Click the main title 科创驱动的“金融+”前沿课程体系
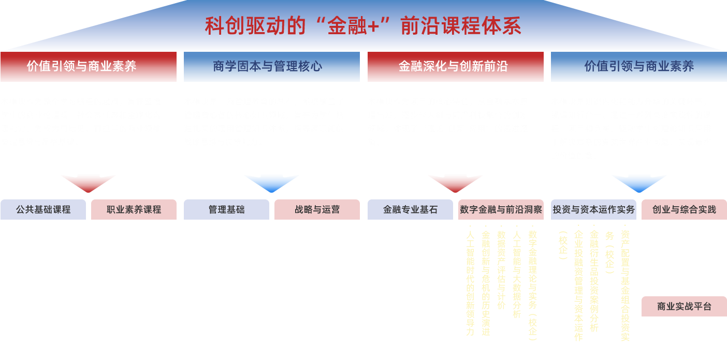tap(362, 26)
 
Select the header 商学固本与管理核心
tap(271, 66)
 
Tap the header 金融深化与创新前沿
tap(455, 66)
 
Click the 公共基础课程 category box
tap(43, 209)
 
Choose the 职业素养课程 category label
tap(134, 209)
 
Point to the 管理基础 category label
tap(226, 209)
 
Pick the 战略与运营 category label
tap(317, 209)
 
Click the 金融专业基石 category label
tap(410, 209)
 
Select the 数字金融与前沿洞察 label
tap(501, 209)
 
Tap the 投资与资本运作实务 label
tap(593, 209)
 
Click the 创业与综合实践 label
tap(684, 209)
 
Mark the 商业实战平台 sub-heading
tap(684, 307)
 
